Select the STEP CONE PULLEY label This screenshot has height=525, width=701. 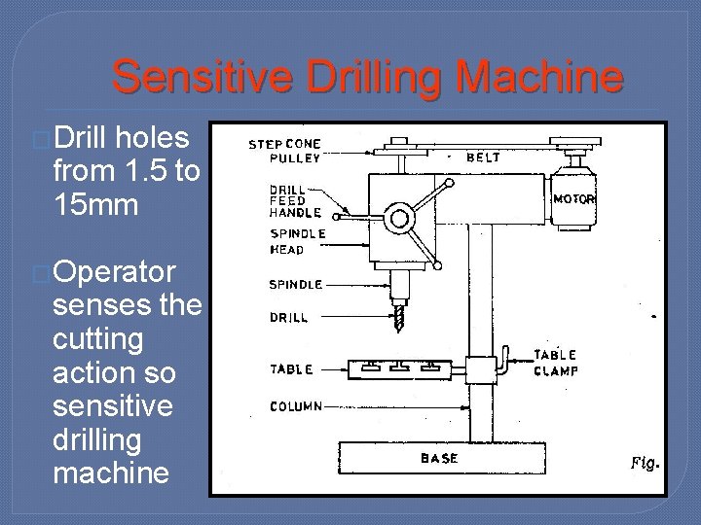tap(284, 151)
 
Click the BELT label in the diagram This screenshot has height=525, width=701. tap(484, 156)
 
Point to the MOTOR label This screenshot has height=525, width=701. tap(573, 199)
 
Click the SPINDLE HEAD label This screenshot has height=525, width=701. tap(299, 241)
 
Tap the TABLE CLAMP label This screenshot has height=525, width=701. tap(556, 362)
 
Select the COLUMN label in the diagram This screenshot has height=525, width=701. tap(296, 406)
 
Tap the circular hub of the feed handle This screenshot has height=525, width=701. tap(398, 219)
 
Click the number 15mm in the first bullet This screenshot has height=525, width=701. tap(98, 206)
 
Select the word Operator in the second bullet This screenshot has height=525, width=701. tap(116, 272)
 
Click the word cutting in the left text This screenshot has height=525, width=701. tap(97, 339)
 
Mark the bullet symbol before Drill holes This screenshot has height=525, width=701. tap(40, 139)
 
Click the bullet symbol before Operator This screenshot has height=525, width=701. tap(40, 273)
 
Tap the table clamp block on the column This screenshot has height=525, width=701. tap(482, 370)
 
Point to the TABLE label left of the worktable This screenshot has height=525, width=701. tap(291, 369)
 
